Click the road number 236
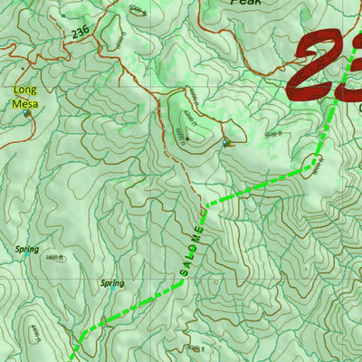pos(79,33)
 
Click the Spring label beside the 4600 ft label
pos(27,249)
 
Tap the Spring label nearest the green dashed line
pos(110,283)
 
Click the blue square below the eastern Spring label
pos(103,319)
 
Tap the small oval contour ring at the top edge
pos(138,10)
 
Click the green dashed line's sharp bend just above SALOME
pos(207,205)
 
